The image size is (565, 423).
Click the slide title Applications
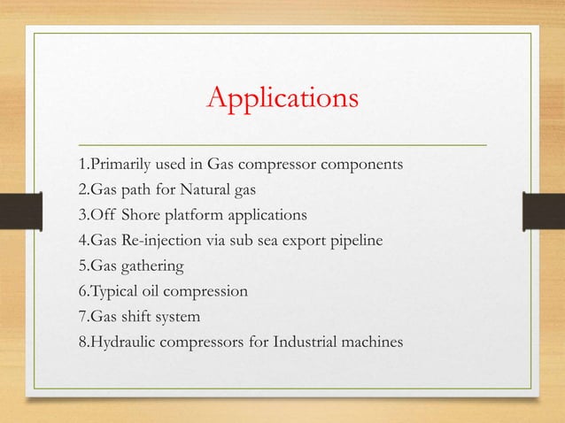point(282,97)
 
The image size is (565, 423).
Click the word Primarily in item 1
point(118,165)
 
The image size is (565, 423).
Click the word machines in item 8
point(371,341)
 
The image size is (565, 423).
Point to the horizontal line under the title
point(282,142)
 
